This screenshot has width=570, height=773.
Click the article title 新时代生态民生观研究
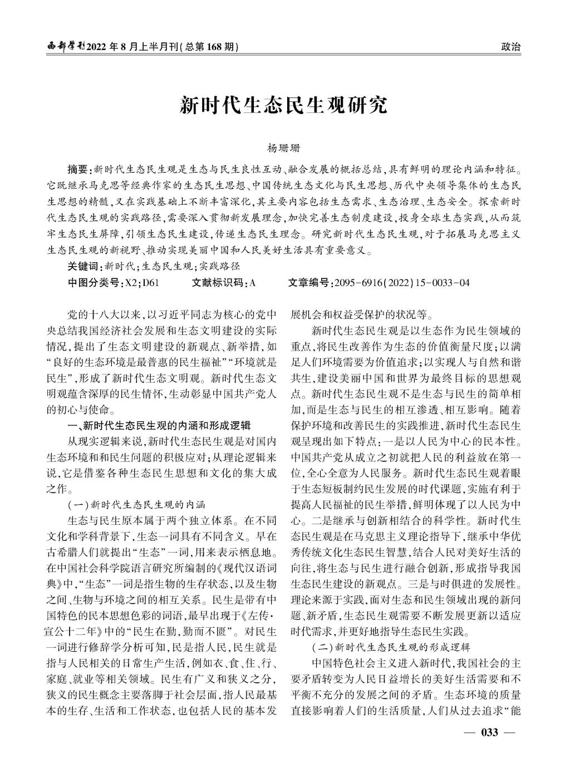(283, 105)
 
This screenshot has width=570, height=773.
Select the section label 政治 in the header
(511, 47)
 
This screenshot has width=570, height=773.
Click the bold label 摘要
(78, 169)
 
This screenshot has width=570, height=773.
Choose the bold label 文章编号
(309, 283)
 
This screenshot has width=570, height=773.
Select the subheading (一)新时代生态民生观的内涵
(137, 505)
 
